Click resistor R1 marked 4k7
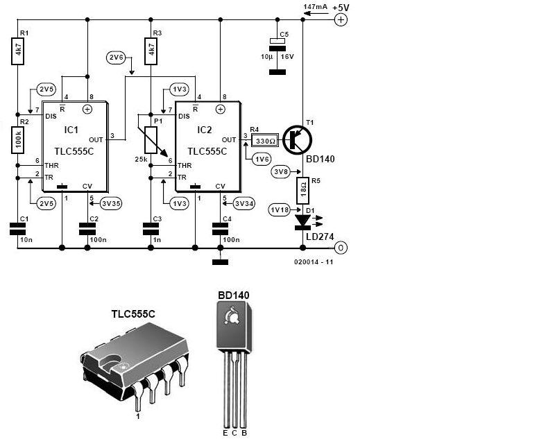tap(18, 51)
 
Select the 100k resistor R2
tap(18, 140)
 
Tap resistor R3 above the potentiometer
tap(151, 51)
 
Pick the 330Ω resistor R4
tap(265, 141)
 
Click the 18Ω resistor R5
tap(303, 191)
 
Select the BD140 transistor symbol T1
tap(298, 140)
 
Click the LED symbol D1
tap(303, 222)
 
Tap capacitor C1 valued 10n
tap(18, 229)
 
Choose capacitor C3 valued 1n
tap(151, 229)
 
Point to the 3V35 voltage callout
tap(111, 203)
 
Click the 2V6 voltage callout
tap(116, 58)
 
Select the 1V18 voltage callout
tap(280, 209)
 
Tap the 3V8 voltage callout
tap(280, 172)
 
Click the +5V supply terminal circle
tap(341, 20)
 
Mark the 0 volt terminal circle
tap(341, 248)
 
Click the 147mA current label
tap(316, 7)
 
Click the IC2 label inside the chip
tap(205, 130)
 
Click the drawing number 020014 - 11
tap(314, 262)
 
